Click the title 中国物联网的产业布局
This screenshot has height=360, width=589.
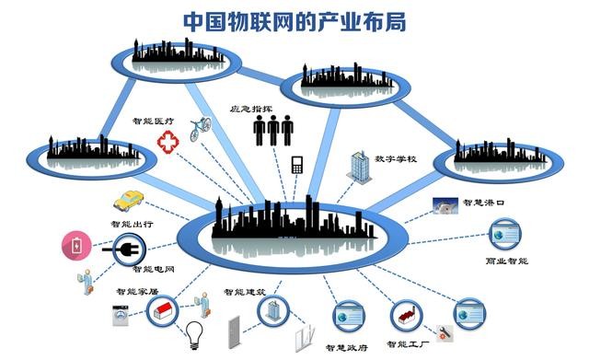click(x=294, y=19)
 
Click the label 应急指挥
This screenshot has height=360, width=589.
click(x=251, y=108)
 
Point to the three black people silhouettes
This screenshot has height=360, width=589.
click(x=273, y=131)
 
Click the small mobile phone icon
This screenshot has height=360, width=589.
click(x=296, y=165)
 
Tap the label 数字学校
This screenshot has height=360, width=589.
click(x=397, y=159)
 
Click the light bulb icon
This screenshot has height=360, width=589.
click(x=194, y=331)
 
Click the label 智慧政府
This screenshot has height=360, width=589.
click(x=346, y=347)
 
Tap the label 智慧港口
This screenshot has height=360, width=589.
click(x=482, y=202)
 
